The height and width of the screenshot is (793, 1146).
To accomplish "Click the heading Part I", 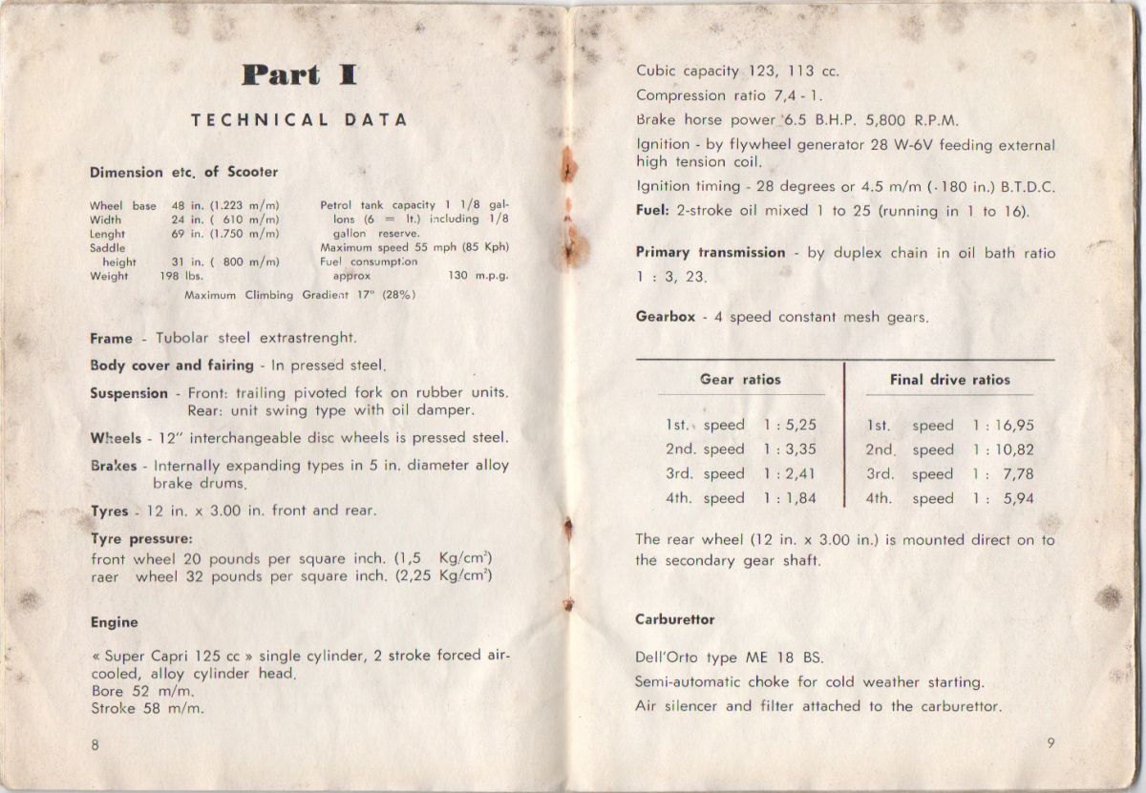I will tap(299, 75).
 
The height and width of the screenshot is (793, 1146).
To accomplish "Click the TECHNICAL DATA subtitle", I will tap(299, 120).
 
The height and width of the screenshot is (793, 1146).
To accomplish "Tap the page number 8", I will tap(95, 745).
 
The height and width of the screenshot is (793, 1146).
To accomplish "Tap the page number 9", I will tap(1050, 745).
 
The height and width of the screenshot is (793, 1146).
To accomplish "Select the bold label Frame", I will tap(111, 338).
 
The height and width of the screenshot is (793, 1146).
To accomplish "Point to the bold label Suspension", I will tap(129, 393).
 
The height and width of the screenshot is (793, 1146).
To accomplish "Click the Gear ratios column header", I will tap(740, 379).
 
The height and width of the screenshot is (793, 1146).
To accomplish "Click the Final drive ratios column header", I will tap(949, 380).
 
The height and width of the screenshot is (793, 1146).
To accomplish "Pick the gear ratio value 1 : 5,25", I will tap(790, 426).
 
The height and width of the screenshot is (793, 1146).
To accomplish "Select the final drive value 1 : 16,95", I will tap(1003, 426).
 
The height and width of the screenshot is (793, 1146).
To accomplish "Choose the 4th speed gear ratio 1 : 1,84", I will tap(790, 498).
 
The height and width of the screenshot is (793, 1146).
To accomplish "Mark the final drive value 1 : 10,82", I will tap(1003, 449).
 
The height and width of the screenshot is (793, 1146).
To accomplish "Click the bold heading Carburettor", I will tap(674, 619).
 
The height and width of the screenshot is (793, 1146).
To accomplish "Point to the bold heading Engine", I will tap(114, 622).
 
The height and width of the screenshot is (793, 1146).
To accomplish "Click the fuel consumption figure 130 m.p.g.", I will tap(477, 277).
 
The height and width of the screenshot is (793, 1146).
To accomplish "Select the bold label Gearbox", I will tap(666, 317).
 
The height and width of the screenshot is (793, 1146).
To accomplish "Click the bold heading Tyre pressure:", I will tap(141, 538).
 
